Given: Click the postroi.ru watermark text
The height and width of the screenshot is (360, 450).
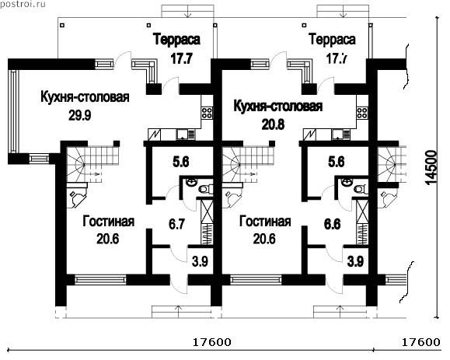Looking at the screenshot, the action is tap(23, 5).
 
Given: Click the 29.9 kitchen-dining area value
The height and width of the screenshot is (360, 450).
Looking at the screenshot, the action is tap(80, 115).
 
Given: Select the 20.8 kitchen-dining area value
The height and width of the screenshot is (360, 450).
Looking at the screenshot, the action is tap(273, 124).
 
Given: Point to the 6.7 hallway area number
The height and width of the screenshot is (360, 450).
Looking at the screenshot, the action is tap(176, 224).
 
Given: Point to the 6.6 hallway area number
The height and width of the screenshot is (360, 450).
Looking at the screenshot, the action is tap(333, 224).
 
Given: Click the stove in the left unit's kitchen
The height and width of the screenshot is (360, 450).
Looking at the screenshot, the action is tap(207, 113).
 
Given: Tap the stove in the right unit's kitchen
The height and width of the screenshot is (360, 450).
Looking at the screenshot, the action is tap(362, 113).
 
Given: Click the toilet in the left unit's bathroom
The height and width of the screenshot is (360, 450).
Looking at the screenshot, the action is tap(206, 189).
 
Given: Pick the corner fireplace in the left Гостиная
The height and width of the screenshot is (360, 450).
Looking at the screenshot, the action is tap(77, 197).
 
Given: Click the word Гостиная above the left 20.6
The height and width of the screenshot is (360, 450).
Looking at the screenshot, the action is tap(109, 222).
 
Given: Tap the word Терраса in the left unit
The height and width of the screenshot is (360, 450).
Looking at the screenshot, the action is tap(176, 39).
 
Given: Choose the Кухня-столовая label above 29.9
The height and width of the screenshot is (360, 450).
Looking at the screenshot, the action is tap(85, 96).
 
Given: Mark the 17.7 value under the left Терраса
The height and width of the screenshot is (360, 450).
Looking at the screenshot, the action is tap(181, 59).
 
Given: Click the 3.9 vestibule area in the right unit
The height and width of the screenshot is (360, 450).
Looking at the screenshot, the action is tap(356, 261).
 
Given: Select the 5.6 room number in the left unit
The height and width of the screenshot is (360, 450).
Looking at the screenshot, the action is tap(181, 162).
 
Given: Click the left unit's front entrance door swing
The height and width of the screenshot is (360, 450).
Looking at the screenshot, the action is tap(179, 285).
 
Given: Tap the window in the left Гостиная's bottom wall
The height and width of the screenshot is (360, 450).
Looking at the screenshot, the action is tap(100, 280).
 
